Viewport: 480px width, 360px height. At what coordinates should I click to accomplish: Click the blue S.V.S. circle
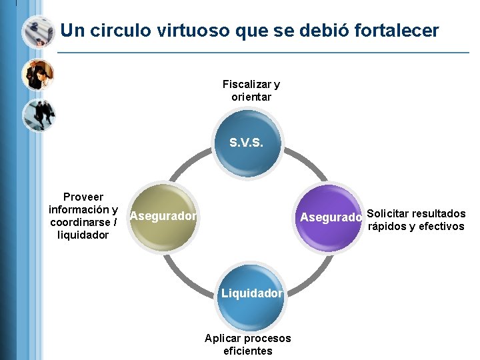pos(251,141)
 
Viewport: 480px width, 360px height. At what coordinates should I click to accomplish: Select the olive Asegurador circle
pos(162,217)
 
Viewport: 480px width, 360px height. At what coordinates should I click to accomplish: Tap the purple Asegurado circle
pos(331,217)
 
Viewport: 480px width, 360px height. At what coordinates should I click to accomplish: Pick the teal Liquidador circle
pos(251,293)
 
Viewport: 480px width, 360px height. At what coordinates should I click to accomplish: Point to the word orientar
pos(251,97)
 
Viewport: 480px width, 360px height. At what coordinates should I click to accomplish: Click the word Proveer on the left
pos(83,197)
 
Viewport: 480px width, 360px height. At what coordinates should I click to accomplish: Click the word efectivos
pos(441,227)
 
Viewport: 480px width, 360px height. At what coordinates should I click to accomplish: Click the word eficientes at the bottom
pos(248,351)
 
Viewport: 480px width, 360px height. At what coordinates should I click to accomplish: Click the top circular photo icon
pos(37,31)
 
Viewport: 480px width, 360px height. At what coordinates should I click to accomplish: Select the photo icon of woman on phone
pos(37,75)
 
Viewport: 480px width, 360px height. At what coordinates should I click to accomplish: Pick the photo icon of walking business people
pos(39,116)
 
